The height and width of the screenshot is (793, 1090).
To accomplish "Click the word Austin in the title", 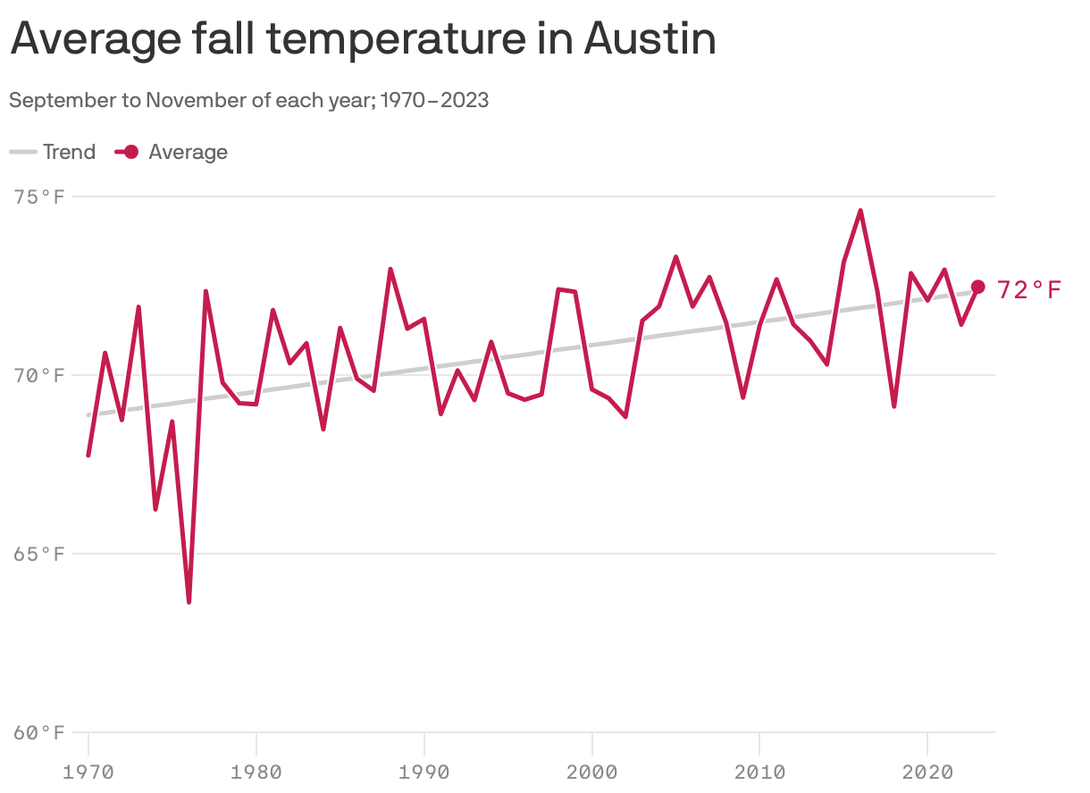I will (x=650, y=40).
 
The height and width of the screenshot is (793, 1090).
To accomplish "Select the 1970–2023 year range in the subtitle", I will (x=435, y=100).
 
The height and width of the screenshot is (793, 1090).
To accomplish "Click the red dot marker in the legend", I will (x=130, y=152).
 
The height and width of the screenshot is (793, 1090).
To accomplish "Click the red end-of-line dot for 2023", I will (x=977, y=287).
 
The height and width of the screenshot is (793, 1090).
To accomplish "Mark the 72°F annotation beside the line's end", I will (x=1029, y=290).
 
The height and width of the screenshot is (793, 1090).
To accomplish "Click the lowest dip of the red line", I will (x=189, y=601).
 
